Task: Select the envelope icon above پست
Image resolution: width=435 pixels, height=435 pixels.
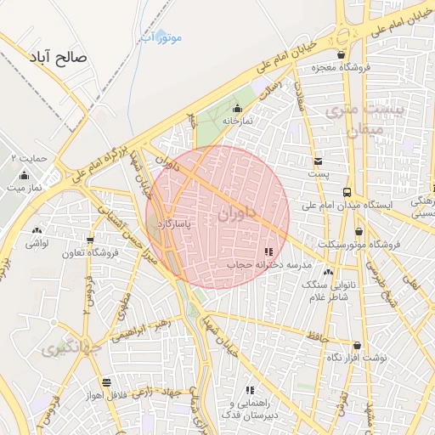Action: point(318,161)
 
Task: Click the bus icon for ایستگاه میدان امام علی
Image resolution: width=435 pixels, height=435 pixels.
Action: point(347,192)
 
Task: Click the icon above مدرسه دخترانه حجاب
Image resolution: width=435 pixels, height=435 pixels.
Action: point(268,251)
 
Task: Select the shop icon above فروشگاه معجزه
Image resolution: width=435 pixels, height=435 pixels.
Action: point(341,54)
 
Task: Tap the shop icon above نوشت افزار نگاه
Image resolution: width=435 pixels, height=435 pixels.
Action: point(356,345)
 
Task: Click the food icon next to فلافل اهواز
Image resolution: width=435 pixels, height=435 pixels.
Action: point(105,382)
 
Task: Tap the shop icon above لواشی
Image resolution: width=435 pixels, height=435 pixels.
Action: point(36,230)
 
